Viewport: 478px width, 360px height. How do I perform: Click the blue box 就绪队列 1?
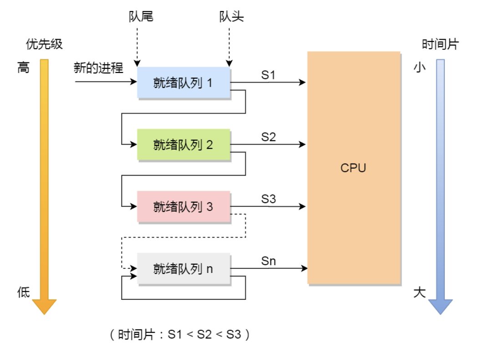[x=183, y=83]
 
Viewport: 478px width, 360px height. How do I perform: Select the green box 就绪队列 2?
[x=183, y=145]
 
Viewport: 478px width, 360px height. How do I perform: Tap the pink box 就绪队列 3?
[x=183, y=207]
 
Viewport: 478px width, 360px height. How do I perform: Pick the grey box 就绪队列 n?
[x=183, y=269]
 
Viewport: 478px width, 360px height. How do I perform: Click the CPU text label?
[x=353, y=168]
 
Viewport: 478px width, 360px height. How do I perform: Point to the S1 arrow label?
[x=268, y=75]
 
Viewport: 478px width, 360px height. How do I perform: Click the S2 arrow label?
[x=268, y=137]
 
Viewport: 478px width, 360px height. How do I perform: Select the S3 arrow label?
[x=268, y=199]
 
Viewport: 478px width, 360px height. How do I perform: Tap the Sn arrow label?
[x=268, y=261]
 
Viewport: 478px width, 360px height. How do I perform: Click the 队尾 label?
[x=141, y=17]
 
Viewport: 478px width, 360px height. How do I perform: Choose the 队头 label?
[x=231, y=17]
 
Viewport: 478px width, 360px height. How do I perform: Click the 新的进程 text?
[x=98, y=68]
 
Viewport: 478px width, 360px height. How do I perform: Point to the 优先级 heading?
[x=44, y=44]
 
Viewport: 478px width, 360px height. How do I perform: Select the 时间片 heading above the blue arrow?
[x=440, y=44]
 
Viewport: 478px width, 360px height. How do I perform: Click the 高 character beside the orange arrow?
[x=23, y=68]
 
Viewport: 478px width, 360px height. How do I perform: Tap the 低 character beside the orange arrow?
[x=23, y=292]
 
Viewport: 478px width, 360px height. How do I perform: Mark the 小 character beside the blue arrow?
[x=419, y=68]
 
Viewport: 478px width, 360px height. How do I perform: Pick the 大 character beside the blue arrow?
[x=419, y=292]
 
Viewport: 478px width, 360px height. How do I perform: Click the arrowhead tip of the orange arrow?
[x=44, y=314]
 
